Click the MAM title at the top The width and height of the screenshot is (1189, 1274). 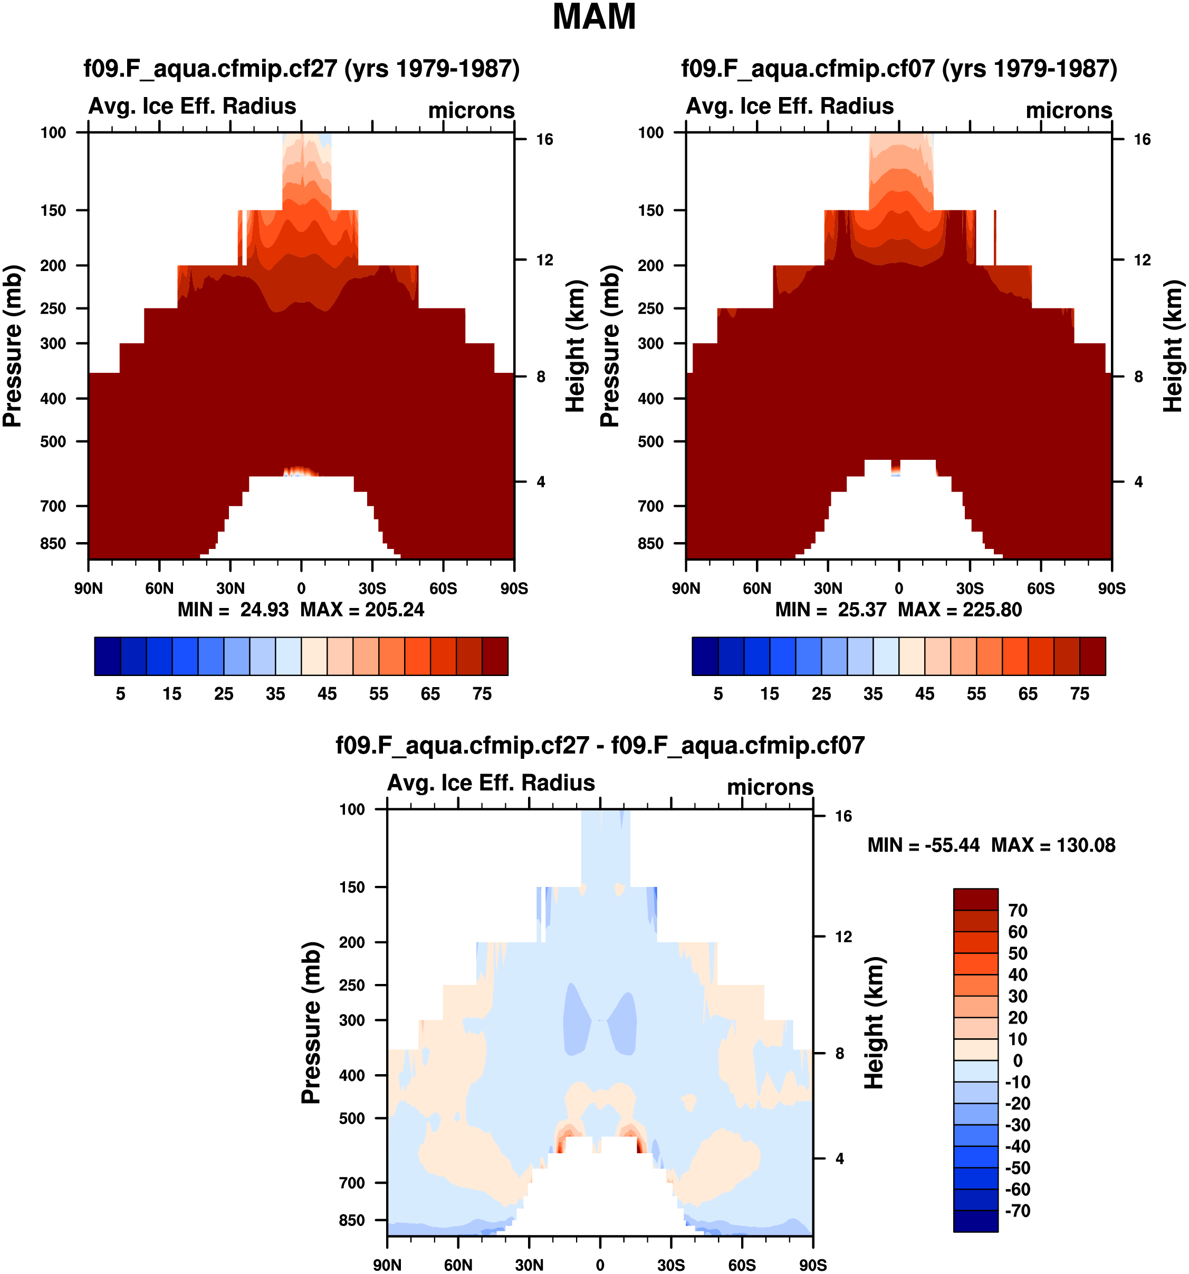coord(593,17)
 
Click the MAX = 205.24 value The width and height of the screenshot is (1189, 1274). coord(362,610)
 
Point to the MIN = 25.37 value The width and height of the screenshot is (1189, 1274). coord(831,610)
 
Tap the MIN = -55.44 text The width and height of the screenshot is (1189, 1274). coord(923,845)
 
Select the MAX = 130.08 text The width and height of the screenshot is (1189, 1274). coord(1053,845)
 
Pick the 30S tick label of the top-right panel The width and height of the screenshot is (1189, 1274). coord(970,588)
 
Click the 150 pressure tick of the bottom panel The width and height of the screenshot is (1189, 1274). coord(352,887)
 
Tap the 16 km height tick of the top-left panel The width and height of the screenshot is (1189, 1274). coord(544,140)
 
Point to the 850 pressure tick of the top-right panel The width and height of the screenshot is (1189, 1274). coord(650,544)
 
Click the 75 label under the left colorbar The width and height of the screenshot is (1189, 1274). coord(482,694)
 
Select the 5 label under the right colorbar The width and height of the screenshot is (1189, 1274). coord(718,694)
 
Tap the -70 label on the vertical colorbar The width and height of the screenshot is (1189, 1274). coord(1017,1211)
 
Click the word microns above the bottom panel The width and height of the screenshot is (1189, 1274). coord(770,787)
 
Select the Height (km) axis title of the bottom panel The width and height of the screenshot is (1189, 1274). coord(874,1023)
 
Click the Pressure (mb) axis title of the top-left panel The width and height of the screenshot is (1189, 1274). coord(13,346)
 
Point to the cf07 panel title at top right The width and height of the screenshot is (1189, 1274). coord(899,69)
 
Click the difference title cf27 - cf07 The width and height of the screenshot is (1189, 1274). coord(600,745)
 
